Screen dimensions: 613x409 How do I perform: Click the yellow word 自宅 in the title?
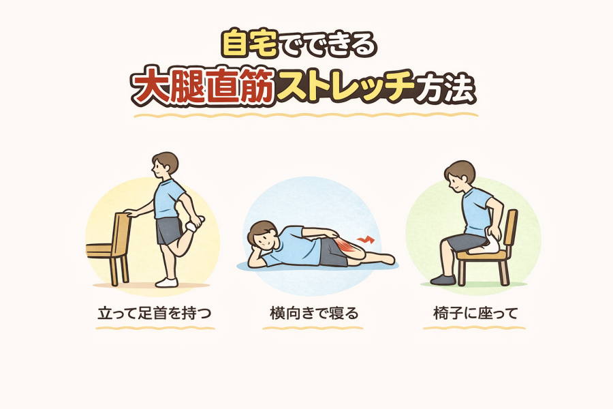click(250, 44)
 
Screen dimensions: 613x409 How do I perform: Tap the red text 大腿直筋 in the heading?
click(202, 87)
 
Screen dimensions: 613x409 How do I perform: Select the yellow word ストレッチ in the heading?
click(345, 87)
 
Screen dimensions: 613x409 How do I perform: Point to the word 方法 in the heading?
click(445, 89)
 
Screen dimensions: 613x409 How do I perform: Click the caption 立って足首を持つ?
click(155, 313)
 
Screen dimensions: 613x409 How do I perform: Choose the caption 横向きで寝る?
click(314, 313)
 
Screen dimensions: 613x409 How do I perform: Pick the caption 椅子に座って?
click(475, 313)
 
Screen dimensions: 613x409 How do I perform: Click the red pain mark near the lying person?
click(366, 239)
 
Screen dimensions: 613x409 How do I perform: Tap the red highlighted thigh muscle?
click(346, 247)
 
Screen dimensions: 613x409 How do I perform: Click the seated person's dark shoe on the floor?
click(443, 279)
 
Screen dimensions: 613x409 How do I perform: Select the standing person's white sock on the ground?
click(167, 282)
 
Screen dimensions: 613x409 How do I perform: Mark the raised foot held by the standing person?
click(195, 224)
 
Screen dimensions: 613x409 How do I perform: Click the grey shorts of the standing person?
click(169, 231)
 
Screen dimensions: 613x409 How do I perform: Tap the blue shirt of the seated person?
click(477, 211)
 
